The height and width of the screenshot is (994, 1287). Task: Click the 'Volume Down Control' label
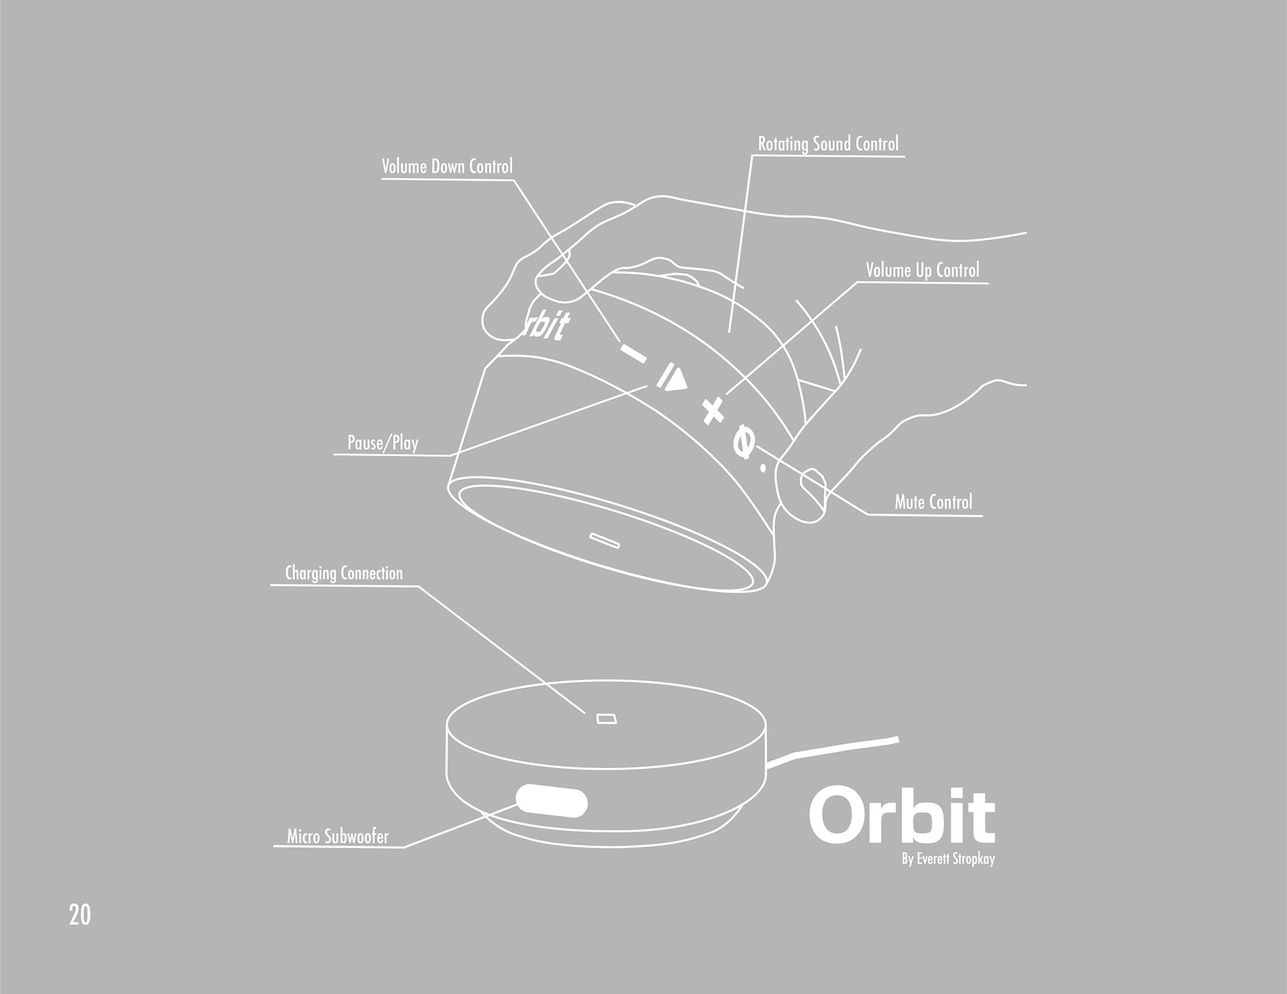447,166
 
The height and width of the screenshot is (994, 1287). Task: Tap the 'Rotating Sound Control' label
828,143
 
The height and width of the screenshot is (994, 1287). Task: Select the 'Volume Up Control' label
922,270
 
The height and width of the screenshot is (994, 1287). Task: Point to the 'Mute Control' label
933,502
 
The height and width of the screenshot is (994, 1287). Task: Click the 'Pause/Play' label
383,442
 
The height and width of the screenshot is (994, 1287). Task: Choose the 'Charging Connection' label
344,573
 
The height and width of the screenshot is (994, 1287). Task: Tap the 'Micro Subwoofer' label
338,836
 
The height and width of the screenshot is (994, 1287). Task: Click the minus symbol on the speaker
632,353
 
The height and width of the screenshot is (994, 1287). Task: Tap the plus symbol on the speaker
713,410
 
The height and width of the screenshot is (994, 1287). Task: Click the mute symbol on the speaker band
743,442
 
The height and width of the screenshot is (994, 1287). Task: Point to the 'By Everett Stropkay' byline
948,859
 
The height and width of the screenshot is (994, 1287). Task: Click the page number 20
79,915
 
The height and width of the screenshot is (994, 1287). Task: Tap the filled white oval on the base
552,802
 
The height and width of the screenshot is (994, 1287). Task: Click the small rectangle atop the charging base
606,719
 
